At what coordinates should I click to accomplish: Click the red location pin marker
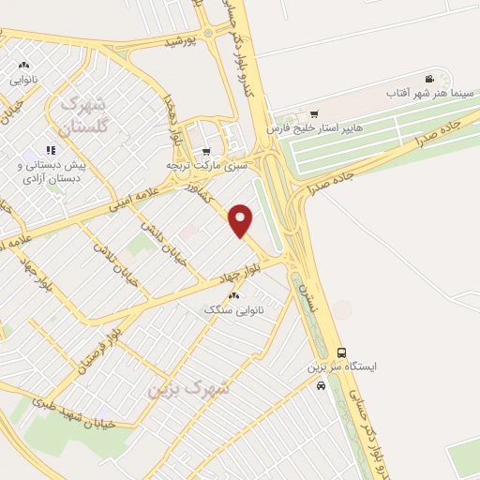click(242, 220)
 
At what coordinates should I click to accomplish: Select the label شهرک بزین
click(187, 387)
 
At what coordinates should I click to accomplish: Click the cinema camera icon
click(428, 79)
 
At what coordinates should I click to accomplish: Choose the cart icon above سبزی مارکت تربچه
click(206, 151)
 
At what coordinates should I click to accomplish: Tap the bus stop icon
click(341, 352)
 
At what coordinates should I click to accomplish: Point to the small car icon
click(321, 385)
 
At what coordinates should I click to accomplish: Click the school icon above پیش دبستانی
click(51, 149)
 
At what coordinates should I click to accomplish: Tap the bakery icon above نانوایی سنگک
click(233, 295)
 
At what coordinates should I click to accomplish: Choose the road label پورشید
click(179, 42)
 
